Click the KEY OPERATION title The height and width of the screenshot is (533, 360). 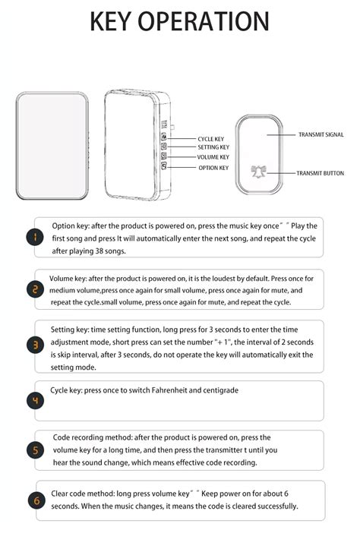[x=179, y=21]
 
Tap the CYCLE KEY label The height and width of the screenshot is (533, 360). [x=211, y=139]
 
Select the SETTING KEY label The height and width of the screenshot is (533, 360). [x=213, y=147]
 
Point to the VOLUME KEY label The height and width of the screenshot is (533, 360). [x=213, y=157]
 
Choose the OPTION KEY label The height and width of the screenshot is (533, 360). [x=213, y=168]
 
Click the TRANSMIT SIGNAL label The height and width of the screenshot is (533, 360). [x=321, y=134]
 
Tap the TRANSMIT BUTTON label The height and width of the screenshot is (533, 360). [x=321, y=173]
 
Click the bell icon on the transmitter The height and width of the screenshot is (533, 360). [x=259, y=172]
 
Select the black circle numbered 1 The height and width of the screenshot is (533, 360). [x=35, y=237]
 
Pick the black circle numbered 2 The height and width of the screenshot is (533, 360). [x=35, y=289]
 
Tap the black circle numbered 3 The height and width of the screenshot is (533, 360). [x=35, y=345]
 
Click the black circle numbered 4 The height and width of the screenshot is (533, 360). [x=35, y=400]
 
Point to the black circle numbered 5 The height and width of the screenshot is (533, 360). [x=35, y=450]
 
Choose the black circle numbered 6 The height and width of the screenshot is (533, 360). [x=36, y=500]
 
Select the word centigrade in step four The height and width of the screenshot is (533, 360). [x=220, y=390]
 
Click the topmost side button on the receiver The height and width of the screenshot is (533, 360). [x=164, y=137]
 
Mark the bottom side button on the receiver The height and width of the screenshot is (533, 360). [x=164, y=166]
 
